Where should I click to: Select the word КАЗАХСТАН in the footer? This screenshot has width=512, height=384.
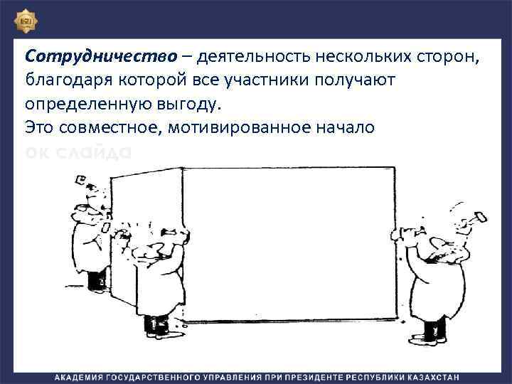coord(430,377)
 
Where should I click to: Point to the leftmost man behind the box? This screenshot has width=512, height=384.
coord(89,235)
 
